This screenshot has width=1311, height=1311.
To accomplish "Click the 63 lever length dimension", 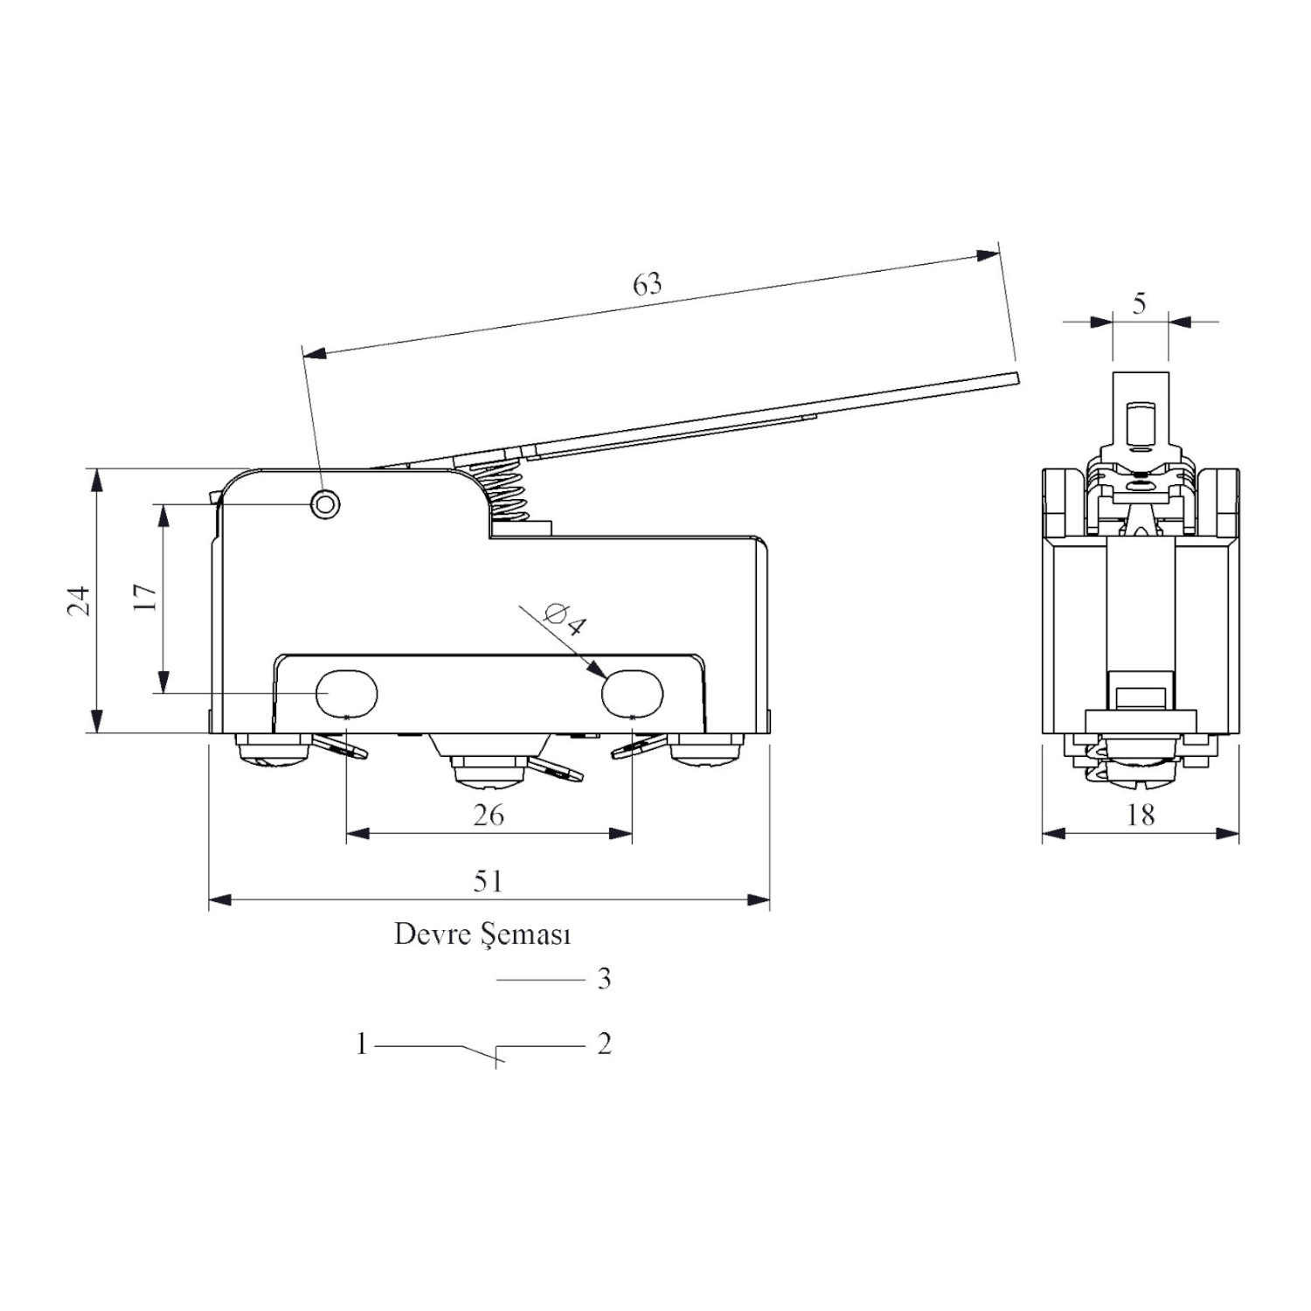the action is click(648, 284).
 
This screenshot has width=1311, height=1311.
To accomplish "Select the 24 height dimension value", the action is click(80, 600).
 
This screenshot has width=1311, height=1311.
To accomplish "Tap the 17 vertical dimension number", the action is click(145, 598).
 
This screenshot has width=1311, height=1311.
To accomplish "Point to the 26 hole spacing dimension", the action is click(489, 815).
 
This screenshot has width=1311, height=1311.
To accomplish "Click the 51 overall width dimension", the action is click(489, 881).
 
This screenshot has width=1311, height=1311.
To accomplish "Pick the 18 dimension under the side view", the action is click(1141, 815).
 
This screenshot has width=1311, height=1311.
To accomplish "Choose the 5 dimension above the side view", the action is click(1139, 303).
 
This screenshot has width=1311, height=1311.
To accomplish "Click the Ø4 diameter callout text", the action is click(565, 618).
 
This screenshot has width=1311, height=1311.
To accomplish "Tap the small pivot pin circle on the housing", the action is click(326, 503).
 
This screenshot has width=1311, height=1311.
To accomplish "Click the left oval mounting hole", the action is click(346, 693).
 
